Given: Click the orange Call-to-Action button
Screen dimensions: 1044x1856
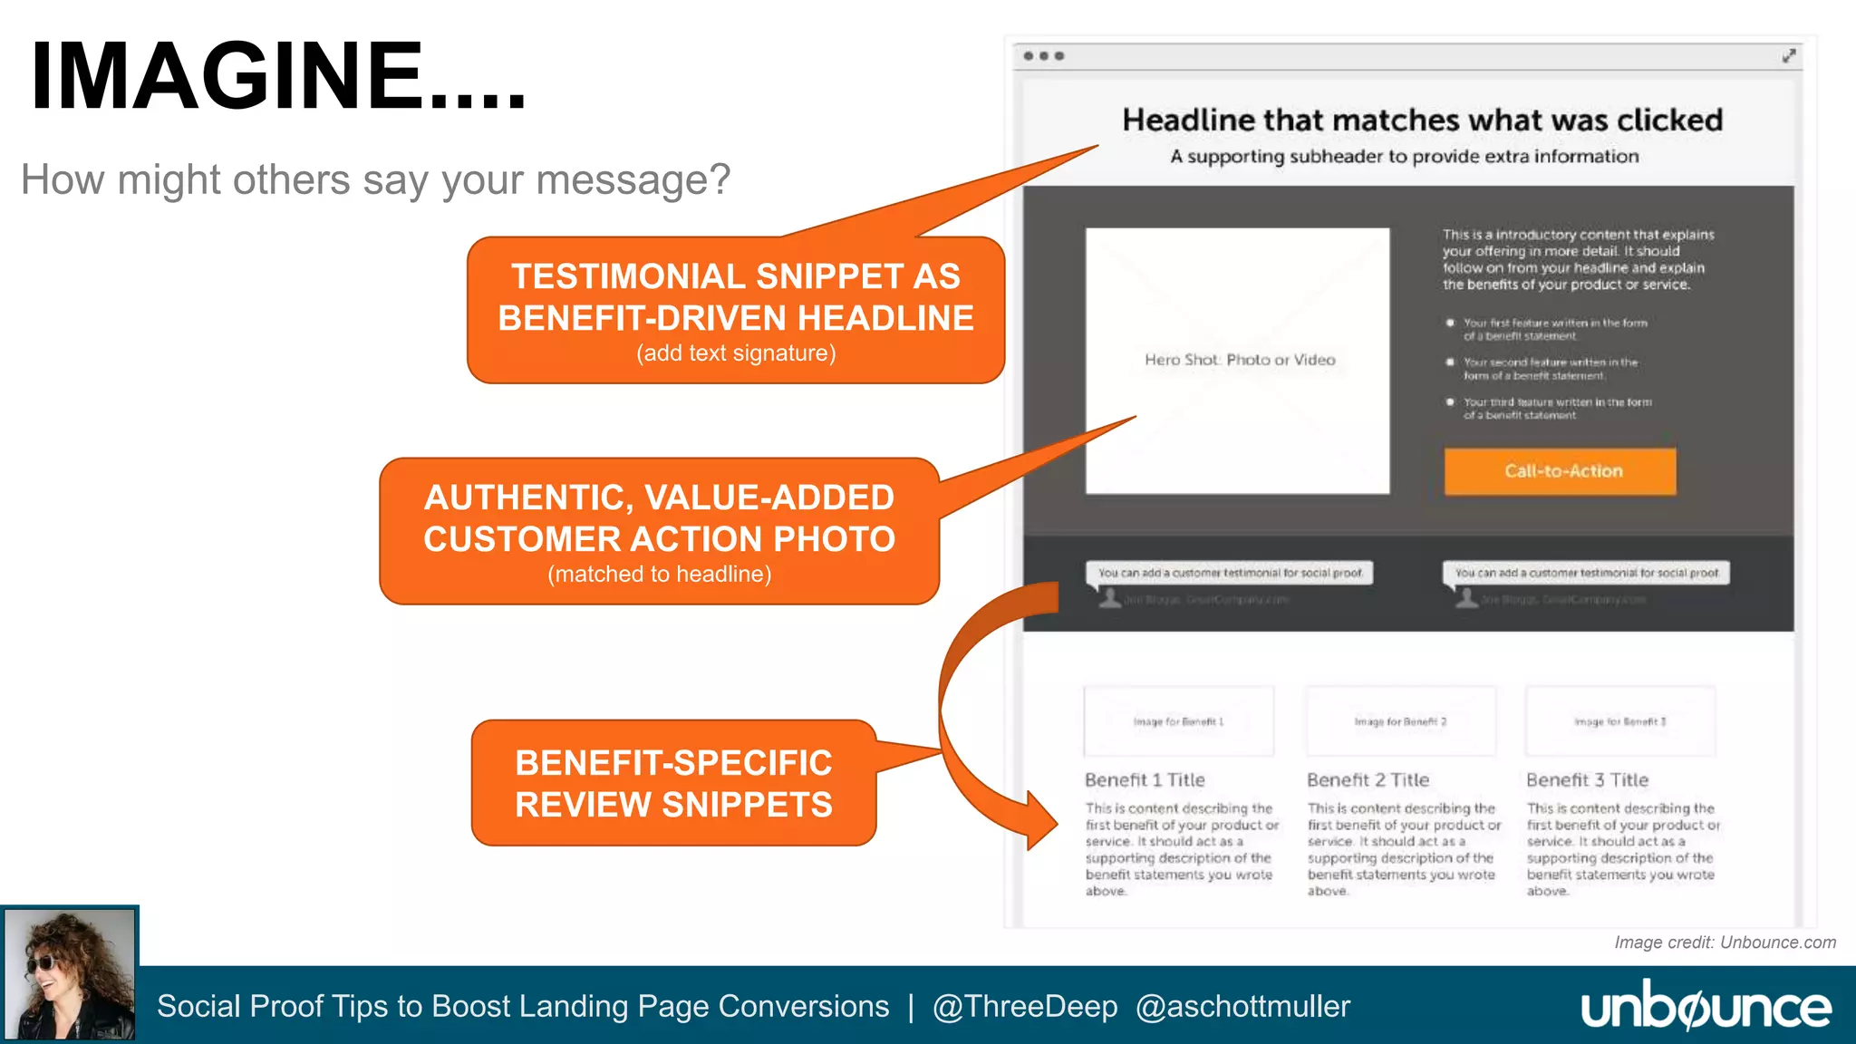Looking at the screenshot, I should tap(1560, 471).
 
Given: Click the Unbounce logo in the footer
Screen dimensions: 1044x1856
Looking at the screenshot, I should tap(1706, 1006).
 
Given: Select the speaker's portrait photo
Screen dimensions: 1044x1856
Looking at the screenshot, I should tap(70, 974).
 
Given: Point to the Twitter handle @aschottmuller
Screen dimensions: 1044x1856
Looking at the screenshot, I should tap(1242, 1006).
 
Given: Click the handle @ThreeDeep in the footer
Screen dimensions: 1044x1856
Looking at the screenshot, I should tap(1025, 1006).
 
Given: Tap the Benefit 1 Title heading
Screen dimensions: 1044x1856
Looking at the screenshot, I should tap(1145, 779).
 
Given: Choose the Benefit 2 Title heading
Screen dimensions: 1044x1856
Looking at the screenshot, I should tap(1368, 779).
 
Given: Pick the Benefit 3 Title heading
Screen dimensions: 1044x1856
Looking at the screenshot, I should tap(1587, 779).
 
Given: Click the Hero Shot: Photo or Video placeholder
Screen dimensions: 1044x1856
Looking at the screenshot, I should tap(1238, 361).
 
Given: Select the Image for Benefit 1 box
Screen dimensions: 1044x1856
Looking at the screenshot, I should tap(1178, 721).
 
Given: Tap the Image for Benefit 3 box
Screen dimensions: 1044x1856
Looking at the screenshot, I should tap(1620, 721).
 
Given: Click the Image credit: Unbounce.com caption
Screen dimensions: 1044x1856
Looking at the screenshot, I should tap(1725, 942).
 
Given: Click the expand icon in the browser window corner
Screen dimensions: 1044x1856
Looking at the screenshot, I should tap(1788, 56).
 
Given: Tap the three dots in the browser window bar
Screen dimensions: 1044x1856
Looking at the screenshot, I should tap(1043, 56).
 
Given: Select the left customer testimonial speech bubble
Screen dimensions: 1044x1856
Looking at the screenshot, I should tap(1230, 573).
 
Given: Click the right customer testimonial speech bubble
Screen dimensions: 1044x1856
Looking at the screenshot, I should tap(1586, 573).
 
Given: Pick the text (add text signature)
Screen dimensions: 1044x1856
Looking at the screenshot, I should tap(736, 353).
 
